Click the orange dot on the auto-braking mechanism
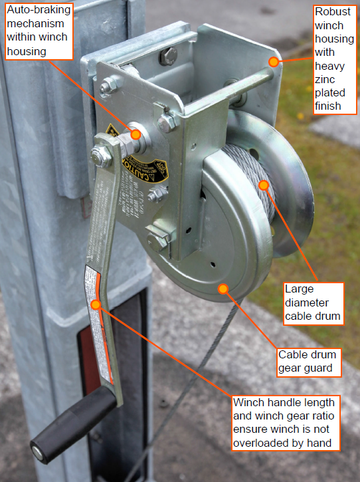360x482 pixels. (x=135, y=134)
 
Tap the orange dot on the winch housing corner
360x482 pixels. (x=273, y=62)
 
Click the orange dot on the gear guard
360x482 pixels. (x=223, y=289)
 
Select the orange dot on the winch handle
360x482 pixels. (x=96, y=304)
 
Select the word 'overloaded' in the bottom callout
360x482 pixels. (x=262, y=442)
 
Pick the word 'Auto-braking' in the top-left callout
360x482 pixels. (x=34, y=11)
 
